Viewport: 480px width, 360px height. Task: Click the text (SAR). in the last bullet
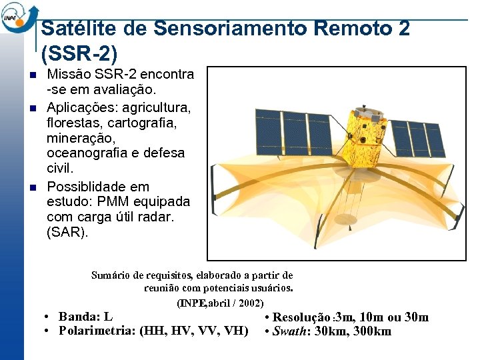pyautogui.click(x=67, y=233)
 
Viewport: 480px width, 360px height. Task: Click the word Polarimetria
pyautogui.click(x=97, y=331)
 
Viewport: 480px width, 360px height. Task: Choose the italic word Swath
pyautogui.click(x=291, y=331)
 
